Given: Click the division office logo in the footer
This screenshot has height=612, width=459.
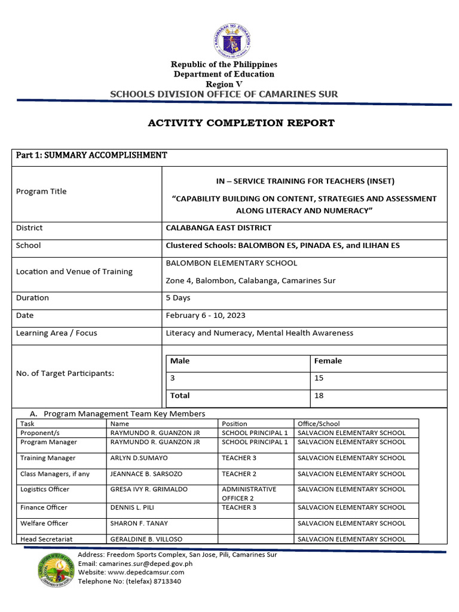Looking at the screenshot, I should [58, 570].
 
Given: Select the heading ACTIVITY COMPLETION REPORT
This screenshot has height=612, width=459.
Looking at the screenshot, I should [241, 123].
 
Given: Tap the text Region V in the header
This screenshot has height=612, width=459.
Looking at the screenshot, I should [224, 84].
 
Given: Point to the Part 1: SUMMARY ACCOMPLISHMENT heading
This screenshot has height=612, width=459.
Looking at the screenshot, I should [91, 155].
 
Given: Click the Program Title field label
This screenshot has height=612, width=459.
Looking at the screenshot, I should [41, 191].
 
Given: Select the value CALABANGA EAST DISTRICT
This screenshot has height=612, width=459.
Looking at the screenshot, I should [218, 228].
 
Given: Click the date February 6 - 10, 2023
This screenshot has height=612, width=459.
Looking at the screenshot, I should [205, 316].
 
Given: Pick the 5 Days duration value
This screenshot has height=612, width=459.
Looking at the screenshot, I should [178, 298].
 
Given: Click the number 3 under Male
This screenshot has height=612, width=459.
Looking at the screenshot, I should [173, 378].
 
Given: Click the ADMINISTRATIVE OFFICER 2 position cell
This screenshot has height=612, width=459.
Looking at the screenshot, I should [249, 493].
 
